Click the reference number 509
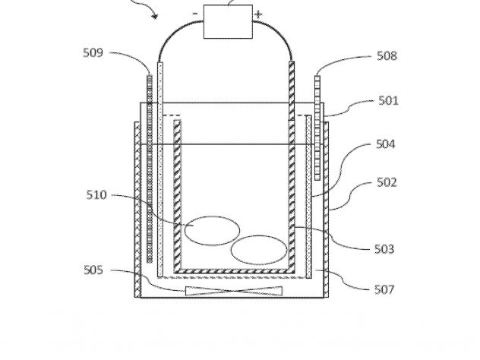pyautogui.click(x=93, y=52)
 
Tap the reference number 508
pyautogui.click(x=387, y=55)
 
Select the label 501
pyautogui.click(x=388, y=100)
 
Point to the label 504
pyautogui.click(x=385, y=144)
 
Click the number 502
pyautogui.click(x=387, y=182)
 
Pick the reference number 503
pyautogui.click(x=384, y=249)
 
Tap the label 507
pyautogui.click(x=384, y=289)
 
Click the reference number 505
pyautogui.click(x=93, y=270)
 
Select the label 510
pyautogui.click(x=96, y=194)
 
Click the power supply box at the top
pyautogui.click(x=228, y=21)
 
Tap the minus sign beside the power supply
pyautogui.click(x=195, y=14)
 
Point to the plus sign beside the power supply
pyautogui.click(x=258, y=14)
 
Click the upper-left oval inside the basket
pyautogui.click(x=212, y=231)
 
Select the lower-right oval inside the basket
pyautogui.click(x=259, y=250)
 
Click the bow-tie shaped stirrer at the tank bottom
pyautogui.click(x=234, y=291)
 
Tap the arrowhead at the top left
pyautogui.click(x=155, y=16)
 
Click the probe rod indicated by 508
pyautogui.click(x=317, y=128)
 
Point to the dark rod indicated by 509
pyautogui.click(x=150, y=169)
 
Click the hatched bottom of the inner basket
pyautogui.click(x=234, y=271)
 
